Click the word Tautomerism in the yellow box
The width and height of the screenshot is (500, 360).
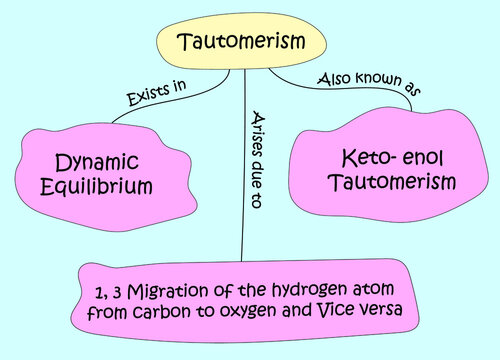[240, 43]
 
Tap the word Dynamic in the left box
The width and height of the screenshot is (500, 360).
[98, 161]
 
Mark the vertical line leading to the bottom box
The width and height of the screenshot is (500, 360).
[243, 200]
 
